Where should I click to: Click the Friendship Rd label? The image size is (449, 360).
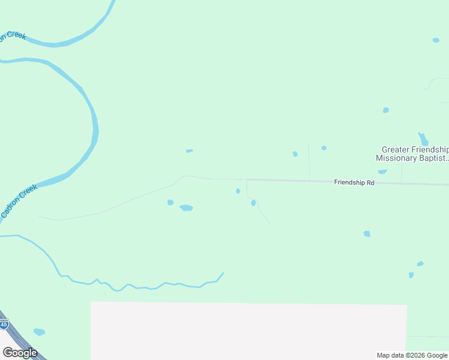tap(354, 182)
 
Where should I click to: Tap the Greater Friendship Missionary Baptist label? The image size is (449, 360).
tap(413, 154)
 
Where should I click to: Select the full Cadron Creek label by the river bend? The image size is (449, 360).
tap(19, 201)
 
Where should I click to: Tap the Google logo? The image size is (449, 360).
tap(20, 352)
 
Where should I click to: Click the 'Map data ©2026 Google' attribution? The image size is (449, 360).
tap(412, 355)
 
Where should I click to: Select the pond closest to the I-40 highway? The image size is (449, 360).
tap(39, 332)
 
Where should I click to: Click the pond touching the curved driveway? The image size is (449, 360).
tap(253, 203)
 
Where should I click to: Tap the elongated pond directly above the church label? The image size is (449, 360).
tap(423, 139)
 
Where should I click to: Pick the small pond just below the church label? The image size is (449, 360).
tap(382, 172)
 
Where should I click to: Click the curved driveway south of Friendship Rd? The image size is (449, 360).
tap(262, 213)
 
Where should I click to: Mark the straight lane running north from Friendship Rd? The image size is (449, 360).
tap(309, 162)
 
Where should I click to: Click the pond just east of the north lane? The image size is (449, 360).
tap(324, 148)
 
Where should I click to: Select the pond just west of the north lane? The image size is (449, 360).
tap(295, 154)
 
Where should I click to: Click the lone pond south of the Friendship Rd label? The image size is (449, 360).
tap(366, 233)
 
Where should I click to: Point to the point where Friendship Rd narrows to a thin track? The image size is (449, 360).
tap(246, 179)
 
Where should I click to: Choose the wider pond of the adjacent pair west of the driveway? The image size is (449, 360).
tap(186, 208)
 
